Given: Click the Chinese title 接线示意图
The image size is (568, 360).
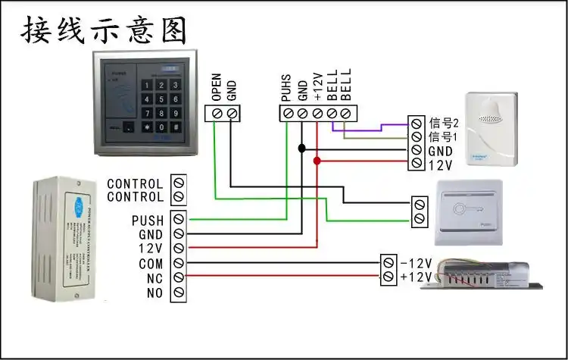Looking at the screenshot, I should (103, 32).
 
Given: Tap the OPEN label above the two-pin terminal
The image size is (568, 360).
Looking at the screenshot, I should (216, 88).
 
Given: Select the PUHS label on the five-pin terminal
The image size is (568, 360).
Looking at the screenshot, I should (286, 88).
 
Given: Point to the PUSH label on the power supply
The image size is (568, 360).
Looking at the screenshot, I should (147, 221).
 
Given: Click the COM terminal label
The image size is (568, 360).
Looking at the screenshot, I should (151, 264).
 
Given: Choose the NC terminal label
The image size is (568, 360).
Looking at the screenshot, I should (154, 277).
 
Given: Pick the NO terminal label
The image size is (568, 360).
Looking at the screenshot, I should (154, 292).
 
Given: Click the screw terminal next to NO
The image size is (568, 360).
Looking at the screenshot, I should (179, 292).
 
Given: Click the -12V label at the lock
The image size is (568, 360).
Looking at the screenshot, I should (416, 263).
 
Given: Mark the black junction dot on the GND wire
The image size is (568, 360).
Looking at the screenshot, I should (301, 149).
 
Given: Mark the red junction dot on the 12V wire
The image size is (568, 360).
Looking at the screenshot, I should (317, 161).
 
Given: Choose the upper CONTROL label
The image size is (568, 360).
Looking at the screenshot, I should (135, 183).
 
